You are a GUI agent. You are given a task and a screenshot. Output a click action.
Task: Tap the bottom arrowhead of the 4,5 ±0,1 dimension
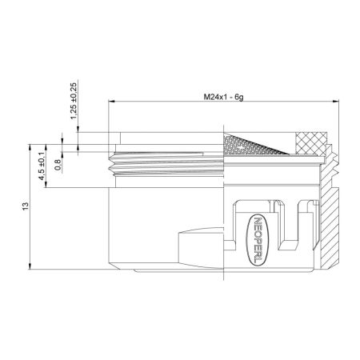click(x=47, y=186)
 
